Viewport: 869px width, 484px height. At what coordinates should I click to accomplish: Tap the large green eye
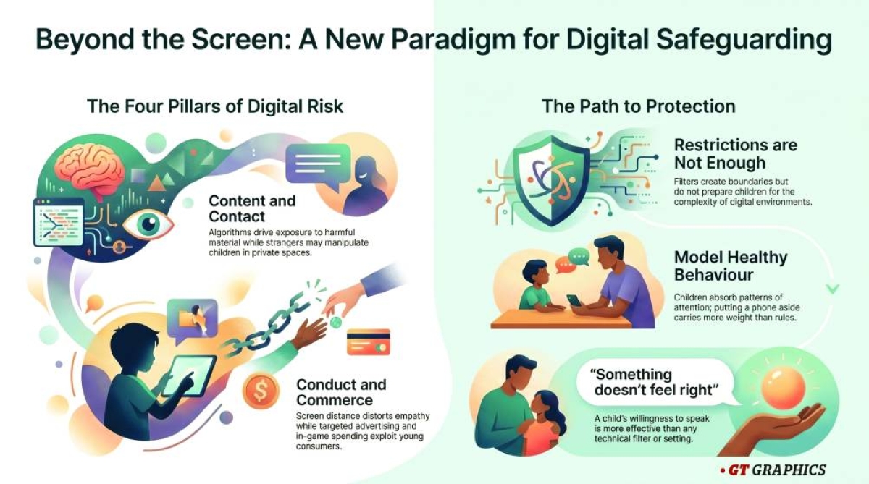point(148,224)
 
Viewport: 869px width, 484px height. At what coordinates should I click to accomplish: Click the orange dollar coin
point(261,391)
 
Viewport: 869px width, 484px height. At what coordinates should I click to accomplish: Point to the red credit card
point(368,341)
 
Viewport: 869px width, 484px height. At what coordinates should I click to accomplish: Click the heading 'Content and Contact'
point(252,208)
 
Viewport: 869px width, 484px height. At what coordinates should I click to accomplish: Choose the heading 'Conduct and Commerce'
point(341,392)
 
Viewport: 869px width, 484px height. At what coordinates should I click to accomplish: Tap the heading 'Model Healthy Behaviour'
point(731,266)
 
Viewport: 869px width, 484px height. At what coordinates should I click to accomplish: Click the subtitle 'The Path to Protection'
point(639,106)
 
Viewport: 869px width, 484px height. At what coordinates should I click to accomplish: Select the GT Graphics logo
point(773,470)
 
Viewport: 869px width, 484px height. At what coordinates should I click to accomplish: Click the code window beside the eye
point(59,222)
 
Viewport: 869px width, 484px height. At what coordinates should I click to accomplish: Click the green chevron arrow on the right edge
point(833,289)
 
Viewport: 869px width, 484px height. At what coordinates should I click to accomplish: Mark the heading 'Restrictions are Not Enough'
point(736,154)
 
